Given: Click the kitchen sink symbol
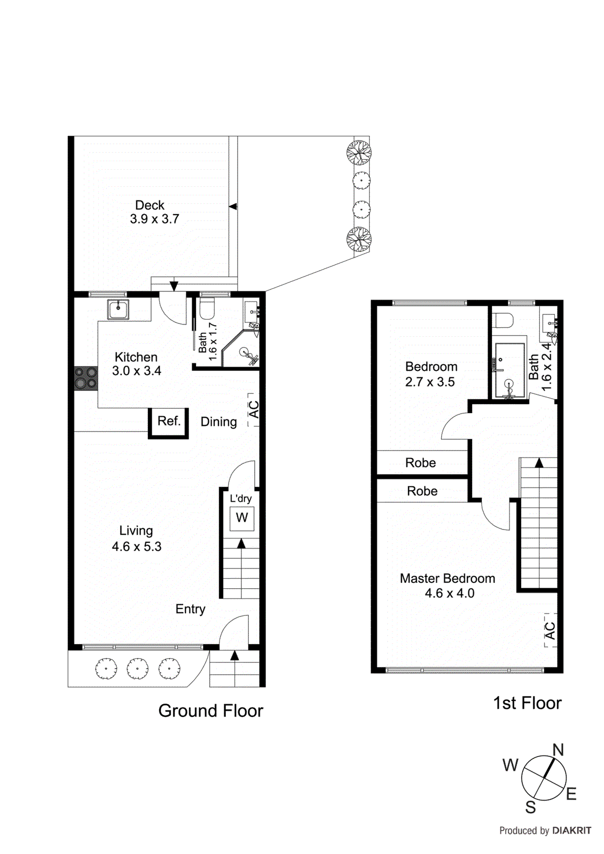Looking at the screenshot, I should (x=118, y=309).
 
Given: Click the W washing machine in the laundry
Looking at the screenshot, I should (x=242, y=518).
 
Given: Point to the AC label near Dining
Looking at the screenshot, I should (x=254, y=410).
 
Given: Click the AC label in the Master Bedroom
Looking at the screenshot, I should (x=551, y=630).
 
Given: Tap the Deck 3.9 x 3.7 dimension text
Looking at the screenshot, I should (x=154, y=219).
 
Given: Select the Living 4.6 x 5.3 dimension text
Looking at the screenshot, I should (x=136, y=547).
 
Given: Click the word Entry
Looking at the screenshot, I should (x=190, y=609).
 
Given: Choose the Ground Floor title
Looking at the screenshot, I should (x=210, y=710).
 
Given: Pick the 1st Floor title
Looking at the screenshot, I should (x=527, y=703).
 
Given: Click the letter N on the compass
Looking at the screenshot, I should (x=558, y=750).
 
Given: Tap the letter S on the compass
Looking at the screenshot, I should (x=530, y=807).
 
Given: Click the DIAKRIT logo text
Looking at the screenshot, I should (x=571, y=831).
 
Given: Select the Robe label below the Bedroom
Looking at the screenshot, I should (x=420, y=463).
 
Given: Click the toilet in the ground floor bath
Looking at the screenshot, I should (x=207, y=309).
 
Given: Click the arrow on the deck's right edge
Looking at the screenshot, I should (x=233, y=207).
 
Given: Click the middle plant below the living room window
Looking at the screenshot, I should (x=138, y=668).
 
